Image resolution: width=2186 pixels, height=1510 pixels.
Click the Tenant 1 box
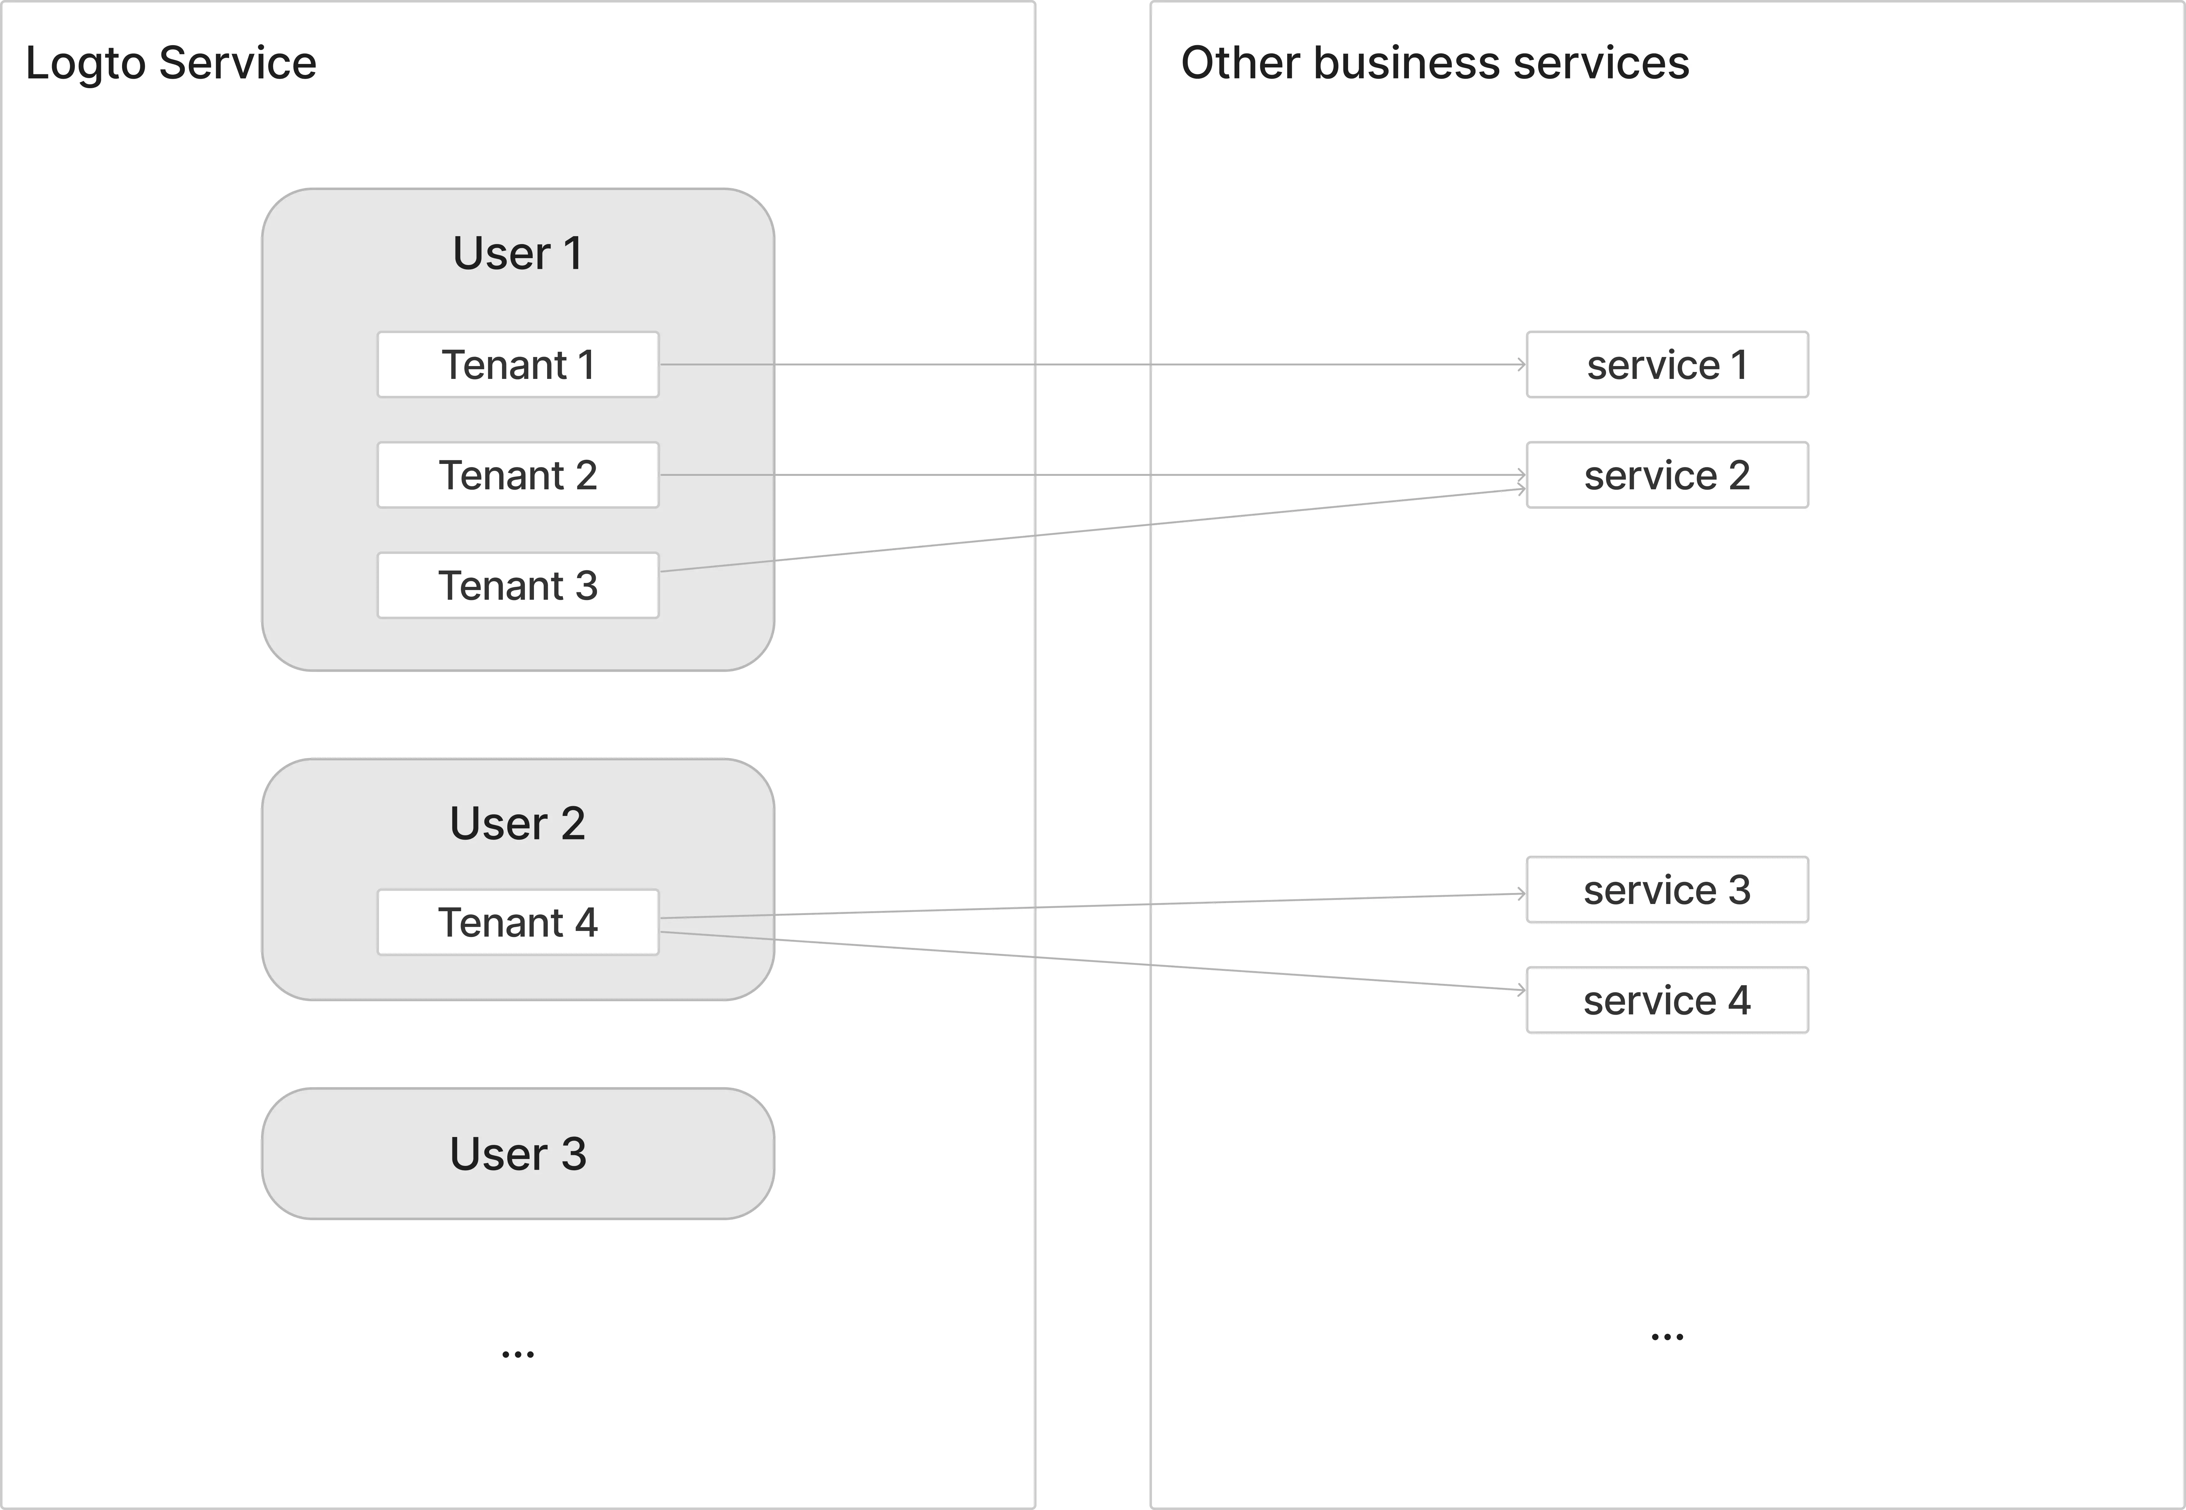[x=518, y=364]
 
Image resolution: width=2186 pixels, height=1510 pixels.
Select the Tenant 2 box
[x=518, y=475]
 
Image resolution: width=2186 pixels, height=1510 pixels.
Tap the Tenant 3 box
[x=518, y=586]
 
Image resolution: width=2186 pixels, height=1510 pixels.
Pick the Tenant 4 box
[x=518, y=922]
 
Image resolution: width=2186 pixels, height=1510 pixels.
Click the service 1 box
[x=1666, y=364]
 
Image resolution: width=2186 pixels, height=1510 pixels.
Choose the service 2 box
[x=1666, y=475]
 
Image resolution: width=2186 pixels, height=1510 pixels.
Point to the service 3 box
[x=1666, y=889]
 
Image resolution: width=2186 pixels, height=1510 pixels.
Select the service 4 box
[x=1666, y=1000]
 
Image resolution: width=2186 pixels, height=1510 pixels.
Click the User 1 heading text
[x=518, y=253]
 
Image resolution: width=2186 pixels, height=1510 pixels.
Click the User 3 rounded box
[x=518, y=1153]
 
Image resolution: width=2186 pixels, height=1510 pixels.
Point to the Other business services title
[x=1435, y=63]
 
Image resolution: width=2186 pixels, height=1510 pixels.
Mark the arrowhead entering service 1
[x=1521, y=364]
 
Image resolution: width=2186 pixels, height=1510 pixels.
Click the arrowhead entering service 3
[x=1521, y=893]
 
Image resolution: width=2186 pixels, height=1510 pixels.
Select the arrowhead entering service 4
[x=1521, y=990]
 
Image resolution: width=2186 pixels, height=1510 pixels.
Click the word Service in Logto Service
[x=237, y=63]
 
